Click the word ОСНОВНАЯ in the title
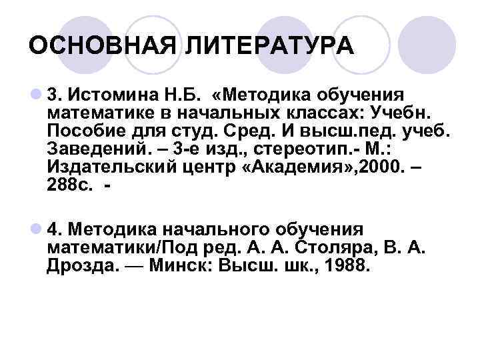point(103,46)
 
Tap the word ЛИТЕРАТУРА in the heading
point(269,46)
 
